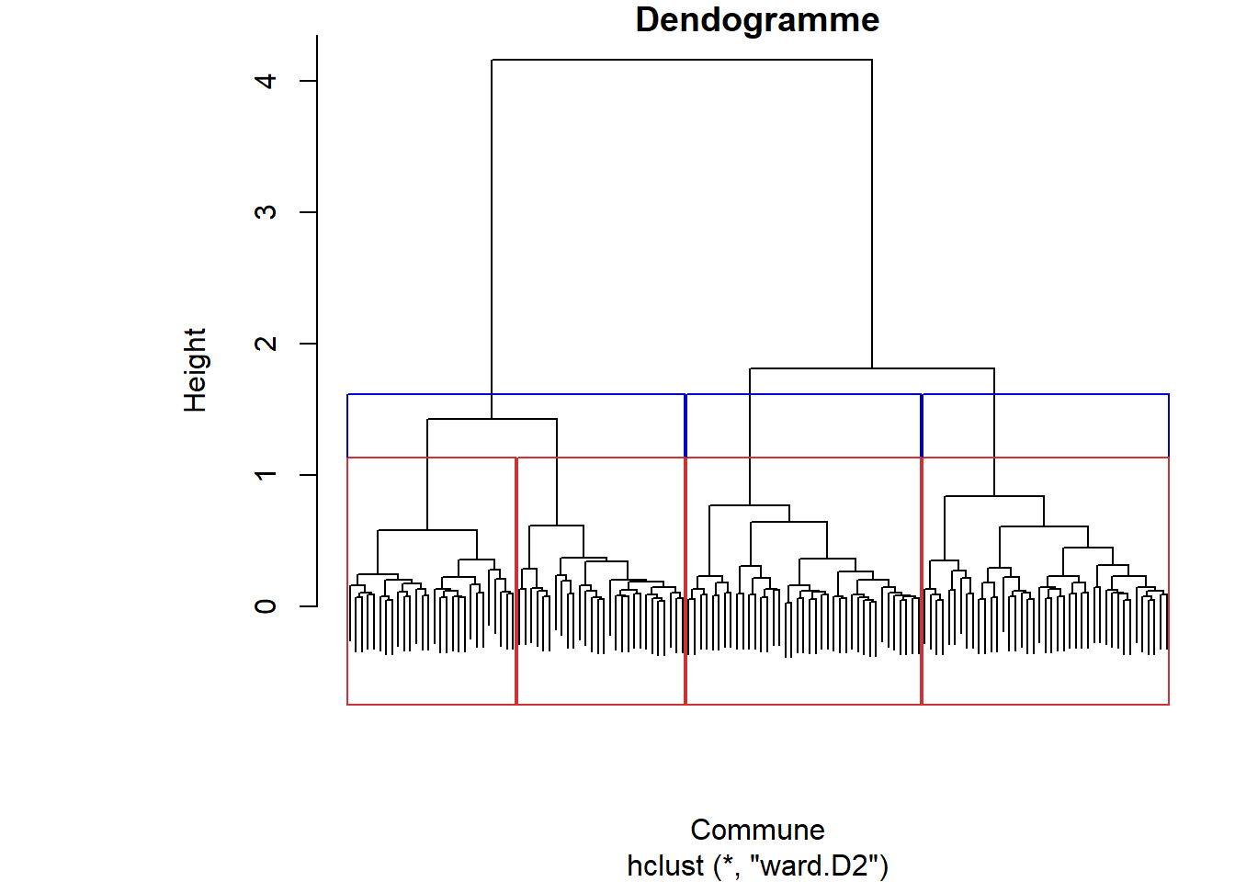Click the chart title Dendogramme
[757, 20]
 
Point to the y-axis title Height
[195, 369]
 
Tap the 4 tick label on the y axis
[266, 81]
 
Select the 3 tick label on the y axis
[266, 212]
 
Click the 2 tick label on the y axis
[266, 344]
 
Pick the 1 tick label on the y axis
[266, 475]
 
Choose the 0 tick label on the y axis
[266, 606]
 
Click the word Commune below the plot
[757, 830]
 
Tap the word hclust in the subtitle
[665, 865]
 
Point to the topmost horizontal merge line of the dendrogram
[682, 60]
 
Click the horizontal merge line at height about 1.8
[872, 368]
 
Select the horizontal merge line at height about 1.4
[492, 419]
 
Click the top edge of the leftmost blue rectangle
[423, 394]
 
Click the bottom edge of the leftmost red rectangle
[432, 705]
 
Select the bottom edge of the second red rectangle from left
[601, 705]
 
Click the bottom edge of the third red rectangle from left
[804, 705]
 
